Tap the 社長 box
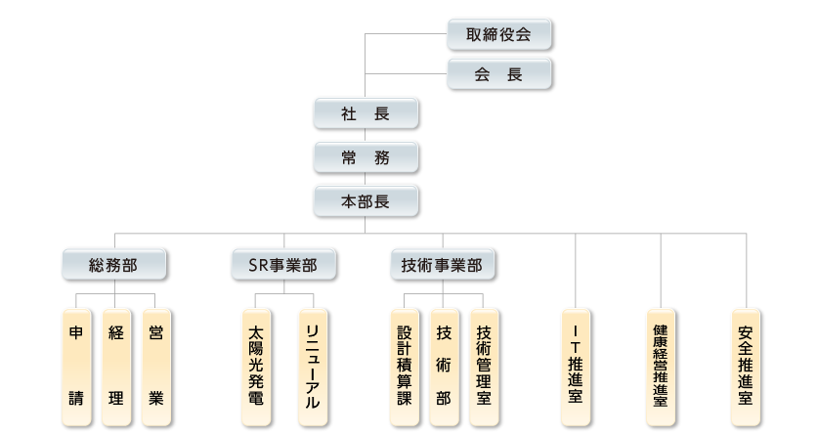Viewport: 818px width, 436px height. [x=366, y=113]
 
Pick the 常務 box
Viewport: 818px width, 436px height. [x=366, y=157]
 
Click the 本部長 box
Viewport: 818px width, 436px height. [x=366, y=201]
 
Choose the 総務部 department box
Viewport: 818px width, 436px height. [x=113, y=263]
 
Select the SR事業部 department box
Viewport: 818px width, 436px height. [x=283, y=263]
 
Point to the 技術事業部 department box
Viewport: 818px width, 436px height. [x=442, y=263]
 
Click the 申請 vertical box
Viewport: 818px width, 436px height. [x=76, y=367]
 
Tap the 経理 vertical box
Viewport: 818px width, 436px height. [x=116, y=367]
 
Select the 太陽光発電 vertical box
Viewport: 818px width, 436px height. [x=256, y=367]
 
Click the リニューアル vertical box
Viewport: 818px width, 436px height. [x=313, y=367]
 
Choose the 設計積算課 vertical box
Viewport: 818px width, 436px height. [x=405, y=367]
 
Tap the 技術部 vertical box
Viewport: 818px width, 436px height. [x=445, y=367]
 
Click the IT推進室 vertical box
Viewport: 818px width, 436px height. [x=577, y=367]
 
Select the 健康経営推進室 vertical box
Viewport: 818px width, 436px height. [x=662, y=367]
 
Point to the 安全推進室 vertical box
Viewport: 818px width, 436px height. [x=746, y=367]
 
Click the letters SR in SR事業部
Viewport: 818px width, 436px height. [x=258, y=264]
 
